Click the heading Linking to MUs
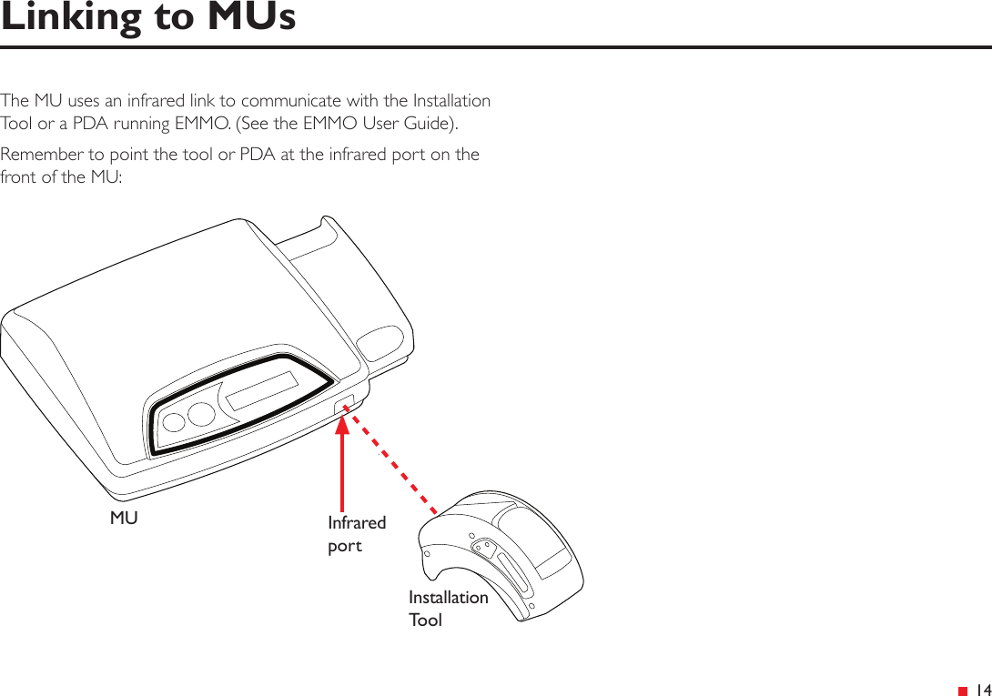[148, 17]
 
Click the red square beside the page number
[962, 691]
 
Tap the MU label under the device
[124, 519]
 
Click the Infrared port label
[356, 534]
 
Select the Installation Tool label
[447, 609]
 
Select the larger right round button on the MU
[202, 412]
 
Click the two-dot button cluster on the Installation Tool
[483, 549]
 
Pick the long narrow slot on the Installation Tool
[514, 579]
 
